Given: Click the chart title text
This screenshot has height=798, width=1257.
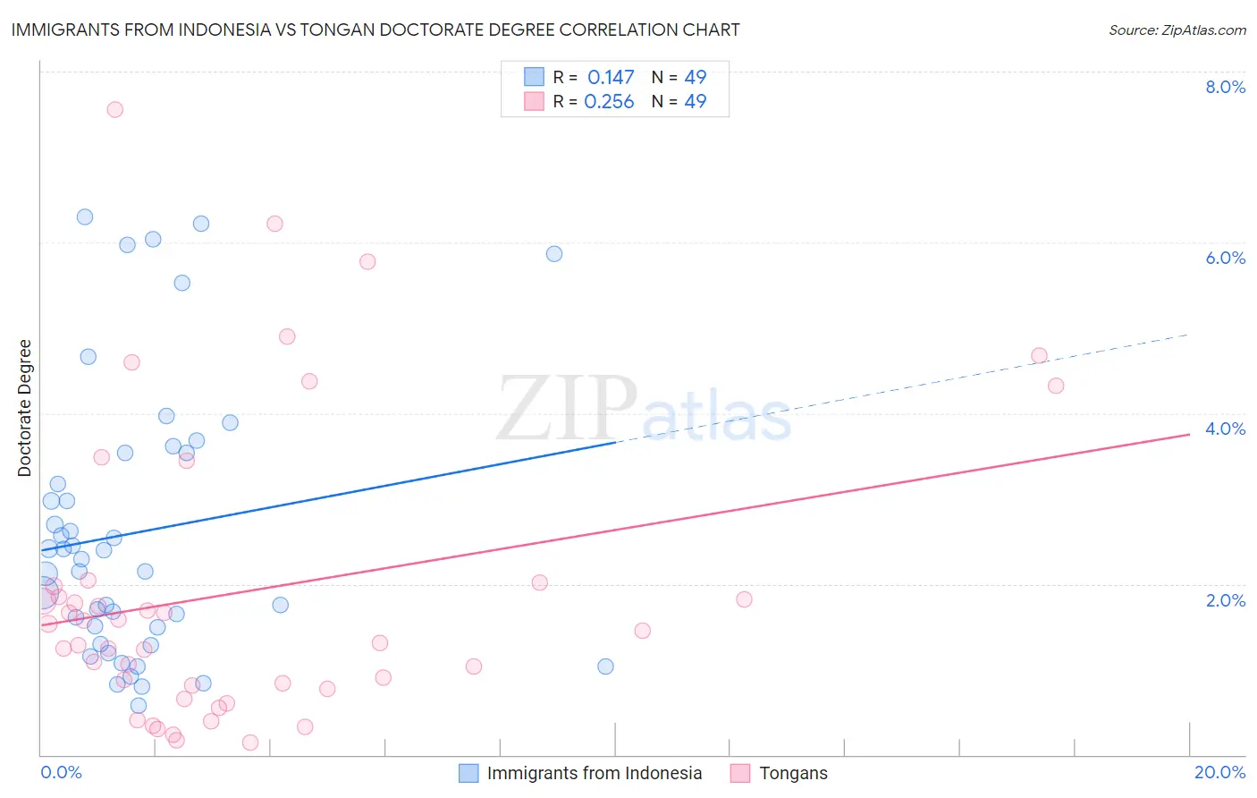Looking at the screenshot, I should coord(375,30).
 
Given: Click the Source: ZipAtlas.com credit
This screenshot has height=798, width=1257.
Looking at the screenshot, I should coord(1177,30).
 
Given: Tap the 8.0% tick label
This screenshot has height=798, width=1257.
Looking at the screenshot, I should coord(1225,87).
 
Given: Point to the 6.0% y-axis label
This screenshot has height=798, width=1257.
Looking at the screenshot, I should coord(1225,258).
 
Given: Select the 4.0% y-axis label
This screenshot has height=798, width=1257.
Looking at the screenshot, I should coord(1225,429).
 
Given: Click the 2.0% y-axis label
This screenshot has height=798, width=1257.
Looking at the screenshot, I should coord(1225,600).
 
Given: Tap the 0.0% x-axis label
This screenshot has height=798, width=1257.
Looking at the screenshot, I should coord(61,772).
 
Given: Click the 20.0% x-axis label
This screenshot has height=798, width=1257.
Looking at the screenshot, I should coord(1219,772).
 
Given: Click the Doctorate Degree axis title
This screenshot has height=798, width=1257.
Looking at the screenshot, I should coord(24,408).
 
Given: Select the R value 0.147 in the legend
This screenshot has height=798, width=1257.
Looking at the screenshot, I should coord(611,78).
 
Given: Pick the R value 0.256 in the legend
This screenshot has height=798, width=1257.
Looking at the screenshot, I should coord(609,102).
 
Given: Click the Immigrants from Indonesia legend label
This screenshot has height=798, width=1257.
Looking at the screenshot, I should coord(594,773).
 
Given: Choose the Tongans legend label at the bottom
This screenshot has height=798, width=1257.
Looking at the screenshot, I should coord(793,773).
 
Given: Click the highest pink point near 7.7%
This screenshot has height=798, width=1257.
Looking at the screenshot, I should coord(114,109).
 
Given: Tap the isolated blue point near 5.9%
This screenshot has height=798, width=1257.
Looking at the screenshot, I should coord(554,254).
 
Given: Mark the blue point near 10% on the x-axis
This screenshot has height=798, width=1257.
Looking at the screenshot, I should coord(605,666).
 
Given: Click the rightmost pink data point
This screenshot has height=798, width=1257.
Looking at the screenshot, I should coord(1056,386).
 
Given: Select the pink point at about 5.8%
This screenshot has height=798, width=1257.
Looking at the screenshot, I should coord(367,262).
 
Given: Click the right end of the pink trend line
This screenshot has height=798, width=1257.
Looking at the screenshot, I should coord(1188,434).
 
